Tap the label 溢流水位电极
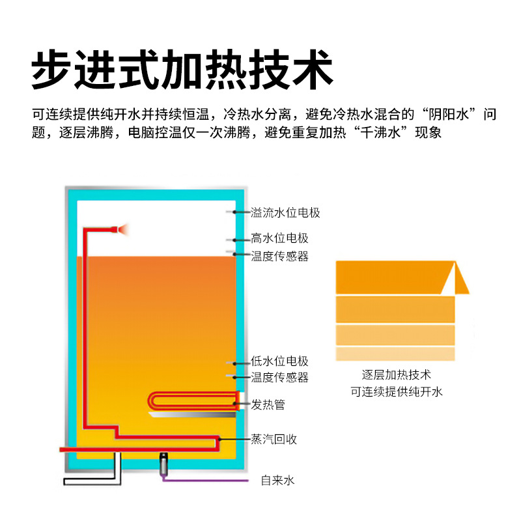click(x=285, y=213)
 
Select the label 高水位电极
click(x=279, y=239)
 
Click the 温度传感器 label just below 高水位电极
click(x=279, y=257)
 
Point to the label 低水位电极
click(x=279, y=361)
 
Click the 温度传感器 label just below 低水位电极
click(x=279, y=378)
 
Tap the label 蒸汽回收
click(x=274, y=440)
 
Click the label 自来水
click(x=277, y=481)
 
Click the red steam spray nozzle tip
click(x=122, y=229)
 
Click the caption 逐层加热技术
click(x=396, y=375)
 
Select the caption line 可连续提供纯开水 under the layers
click(x=396, y=391)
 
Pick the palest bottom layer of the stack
click(x=395, y=354)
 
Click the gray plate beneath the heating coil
click(x=192, y=415)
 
